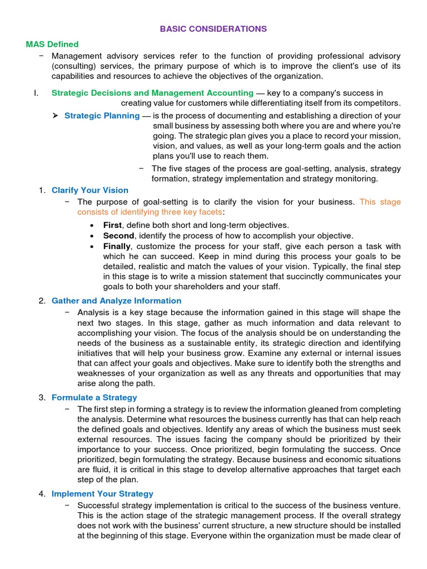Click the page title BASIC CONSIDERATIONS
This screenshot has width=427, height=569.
point(213,28)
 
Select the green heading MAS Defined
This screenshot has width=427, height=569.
point(52,44)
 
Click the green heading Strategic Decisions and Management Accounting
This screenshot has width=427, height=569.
point(152,93)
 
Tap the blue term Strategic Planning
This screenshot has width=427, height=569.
point(102,116)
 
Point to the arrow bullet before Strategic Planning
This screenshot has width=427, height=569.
point(55,116)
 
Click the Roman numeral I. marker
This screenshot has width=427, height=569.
point(36,93)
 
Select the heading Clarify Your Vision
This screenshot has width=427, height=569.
point(90,190)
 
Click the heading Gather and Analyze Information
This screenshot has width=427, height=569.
point(116,301)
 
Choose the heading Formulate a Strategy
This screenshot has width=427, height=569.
point(94,397)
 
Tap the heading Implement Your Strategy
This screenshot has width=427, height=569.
point(102,493)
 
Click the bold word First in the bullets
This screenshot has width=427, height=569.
point(112,225)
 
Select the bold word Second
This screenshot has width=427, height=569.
point(118,236)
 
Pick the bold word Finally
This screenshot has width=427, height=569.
point(117,246)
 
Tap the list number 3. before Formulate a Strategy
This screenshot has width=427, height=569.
point(42,397)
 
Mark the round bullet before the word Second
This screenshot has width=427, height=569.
point(92,236)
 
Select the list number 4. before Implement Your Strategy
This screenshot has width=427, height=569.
point(42,493)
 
